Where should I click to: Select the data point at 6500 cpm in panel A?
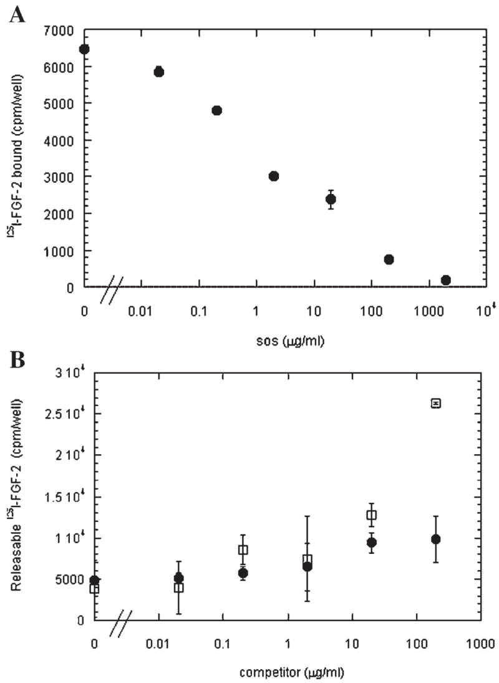(84, 49)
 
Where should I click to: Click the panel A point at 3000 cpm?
(273, 176)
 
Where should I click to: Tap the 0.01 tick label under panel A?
(142, 310)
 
